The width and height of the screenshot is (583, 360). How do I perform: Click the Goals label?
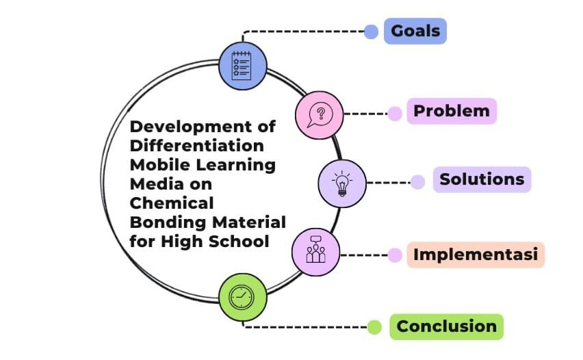[415, 31]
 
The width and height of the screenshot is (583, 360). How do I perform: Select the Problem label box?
[452, 111]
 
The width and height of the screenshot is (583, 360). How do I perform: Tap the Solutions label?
[482, 179]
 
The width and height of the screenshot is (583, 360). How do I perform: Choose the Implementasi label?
[476, 255]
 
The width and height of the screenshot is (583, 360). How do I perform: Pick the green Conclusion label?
[446, 326]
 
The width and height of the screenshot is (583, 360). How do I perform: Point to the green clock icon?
[242, 297]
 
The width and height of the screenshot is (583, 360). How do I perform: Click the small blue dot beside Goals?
[371, 31]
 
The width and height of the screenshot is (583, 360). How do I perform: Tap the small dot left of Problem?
[395, 114]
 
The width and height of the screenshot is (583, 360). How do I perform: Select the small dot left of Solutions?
[417, 182]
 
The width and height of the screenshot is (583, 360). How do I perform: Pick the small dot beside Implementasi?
[395, 255]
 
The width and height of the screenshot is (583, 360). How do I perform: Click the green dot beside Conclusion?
[374, 327]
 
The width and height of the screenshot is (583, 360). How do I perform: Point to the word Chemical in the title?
[172, 203]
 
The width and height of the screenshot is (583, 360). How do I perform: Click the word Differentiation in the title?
[197, 146]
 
